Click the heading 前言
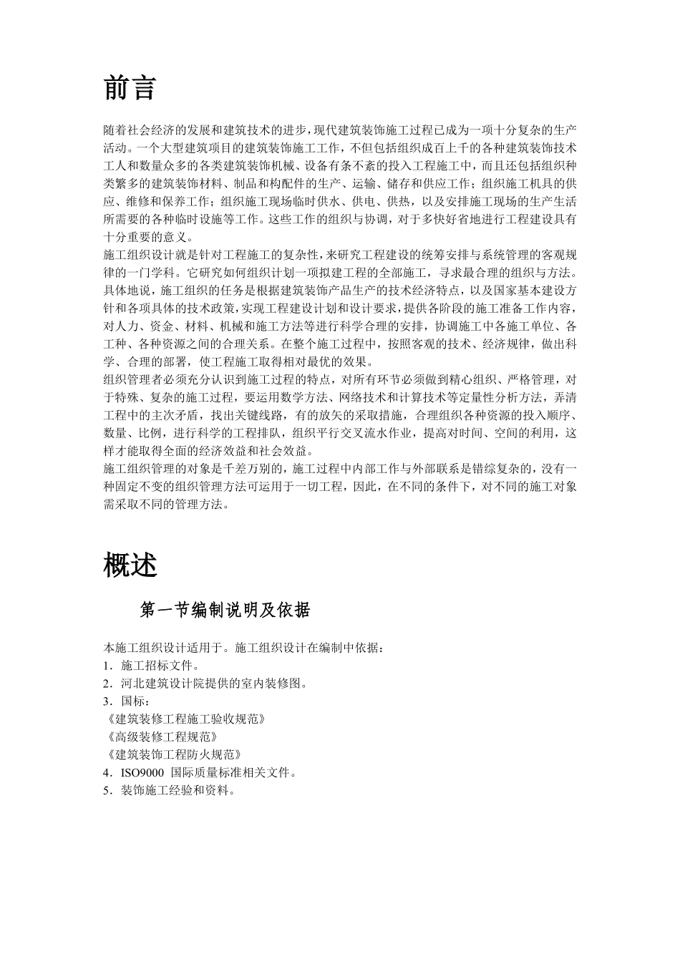[x=130, y=89]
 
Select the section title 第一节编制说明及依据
[x=225, y=610]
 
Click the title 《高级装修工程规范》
[x=160, y=736]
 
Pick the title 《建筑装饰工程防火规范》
[x=173, y=754]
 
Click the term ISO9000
[x=142, y=772]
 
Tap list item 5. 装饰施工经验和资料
[x=170, y=790]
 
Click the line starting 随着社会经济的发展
[x=340, y=130]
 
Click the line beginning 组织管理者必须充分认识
[x=340, y=379]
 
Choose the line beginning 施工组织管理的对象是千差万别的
[x=340, y=469]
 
